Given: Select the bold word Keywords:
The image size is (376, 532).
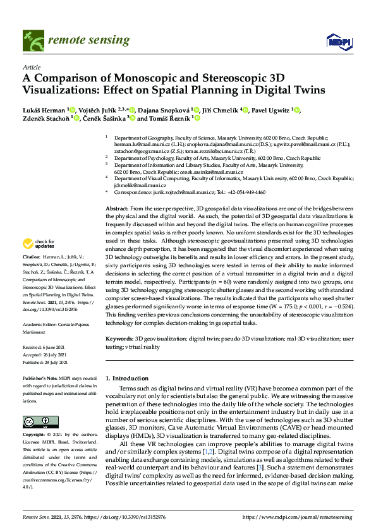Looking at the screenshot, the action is tap(119, 339).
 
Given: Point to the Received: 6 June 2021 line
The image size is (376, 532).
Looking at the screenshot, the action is tap(46, 346).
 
